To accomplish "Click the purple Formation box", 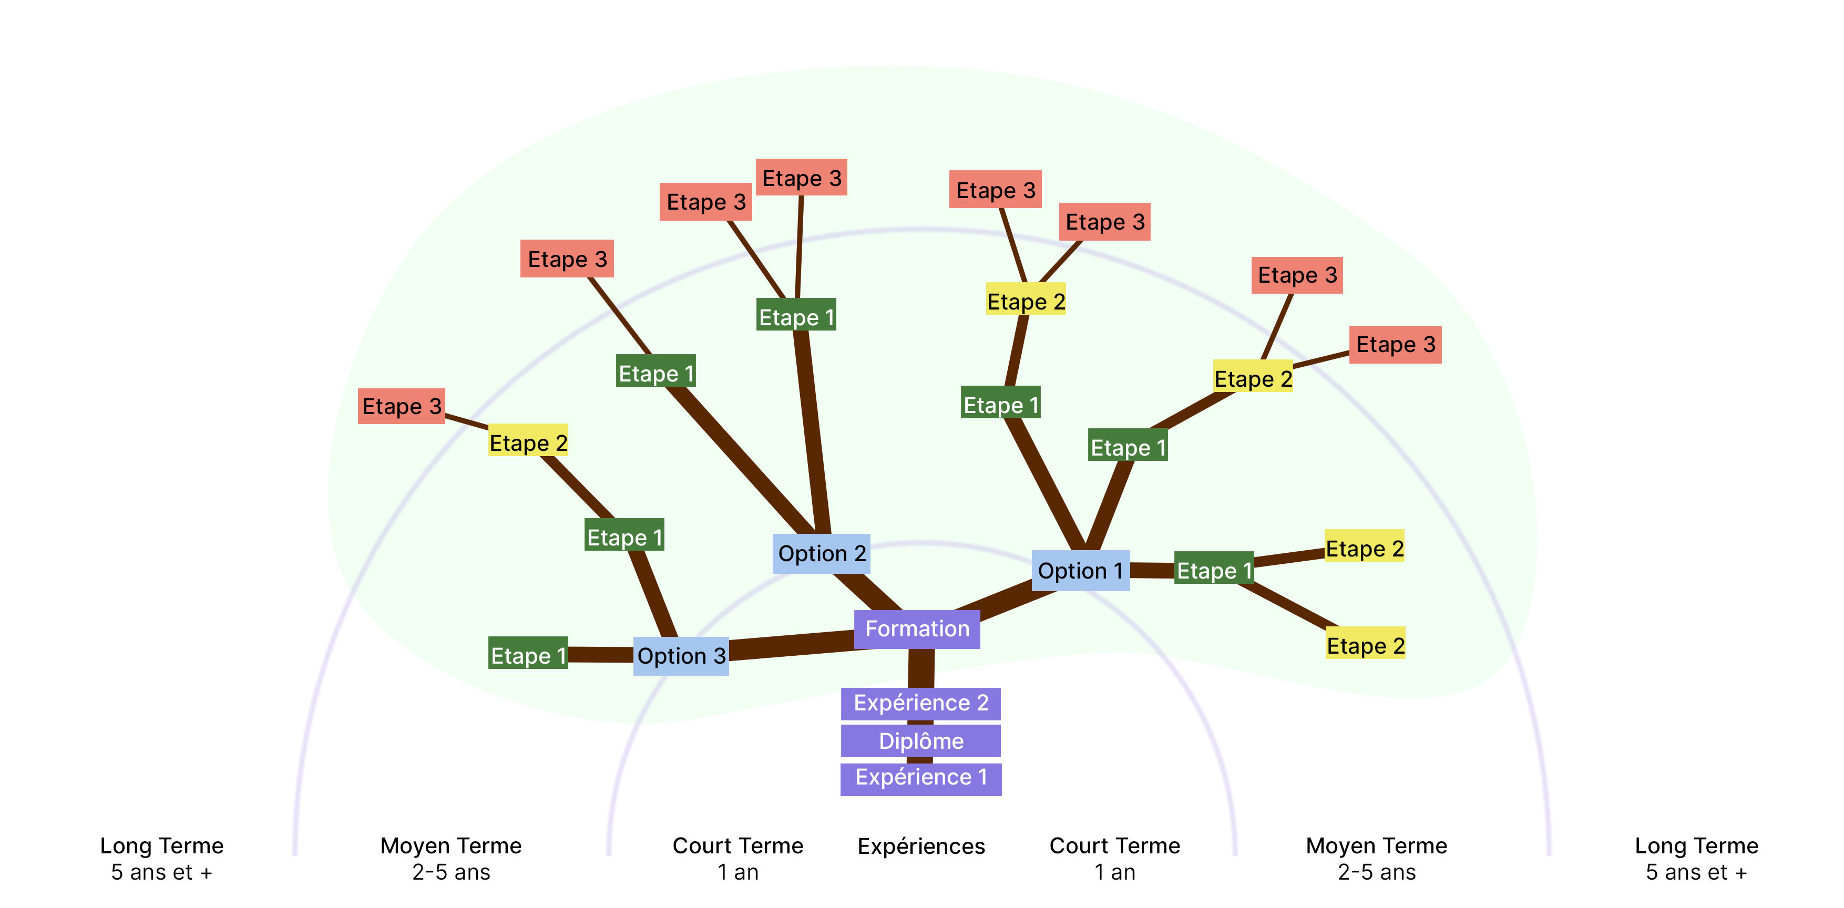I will [917, 629].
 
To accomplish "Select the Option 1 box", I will [1080, 570].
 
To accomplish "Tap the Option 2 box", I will [821, 553].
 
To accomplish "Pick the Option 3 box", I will [681, 655].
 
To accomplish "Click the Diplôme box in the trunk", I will [920, 740].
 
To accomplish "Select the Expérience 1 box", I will [920, 778].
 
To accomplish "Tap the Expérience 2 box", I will [920, 704].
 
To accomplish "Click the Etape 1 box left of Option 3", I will [528, 653].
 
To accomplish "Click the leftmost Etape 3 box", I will [402, 406].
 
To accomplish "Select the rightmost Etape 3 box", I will [1395, 344].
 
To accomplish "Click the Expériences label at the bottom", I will [920, 846].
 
